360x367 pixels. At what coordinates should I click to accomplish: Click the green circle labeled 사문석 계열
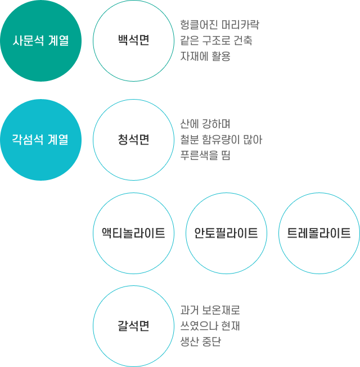(40, 41)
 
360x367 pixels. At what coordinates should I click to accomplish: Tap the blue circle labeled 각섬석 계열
(40, 140)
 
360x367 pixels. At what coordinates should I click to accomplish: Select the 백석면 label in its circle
(133, 40)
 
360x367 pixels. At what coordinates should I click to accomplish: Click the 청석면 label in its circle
(133, 140)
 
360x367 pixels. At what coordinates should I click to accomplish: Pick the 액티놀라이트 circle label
(133, 233)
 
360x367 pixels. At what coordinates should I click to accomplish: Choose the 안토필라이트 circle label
(226, 233)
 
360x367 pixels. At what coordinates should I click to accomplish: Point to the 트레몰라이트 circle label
(319, 233)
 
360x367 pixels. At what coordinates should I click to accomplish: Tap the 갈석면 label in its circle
(133, 326)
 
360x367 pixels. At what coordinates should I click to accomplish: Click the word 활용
(221, 56)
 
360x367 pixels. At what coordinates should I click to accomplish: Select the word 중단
(211, 342)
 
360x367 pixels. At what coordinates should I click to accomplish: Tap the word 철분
(190, 140)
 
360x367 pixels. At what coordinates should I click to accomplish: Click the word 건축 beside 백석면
(243, 41)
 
